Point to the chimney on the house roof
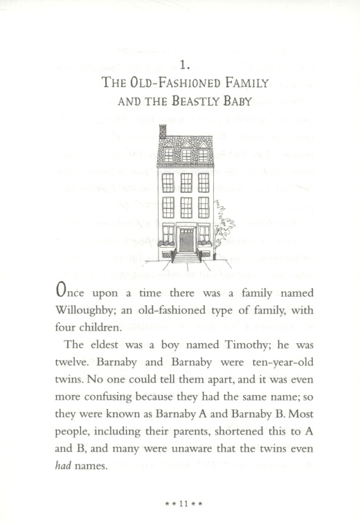click(163, 131)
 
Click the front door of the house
click(186, 239)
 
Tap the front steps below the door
click(186, 257)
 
